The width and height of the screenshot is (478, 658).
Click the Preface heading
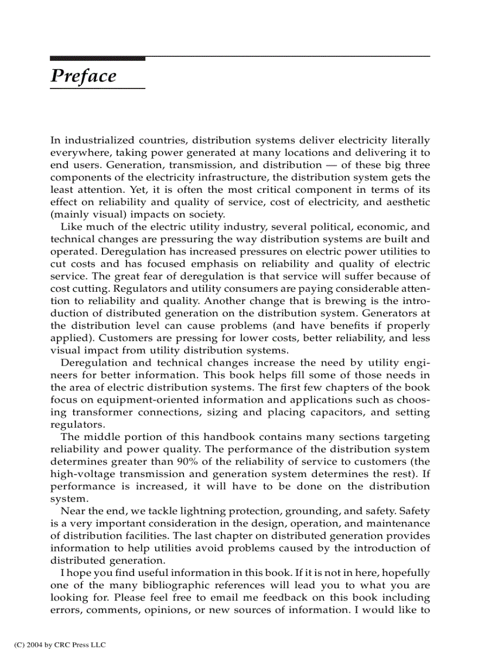[83, 76]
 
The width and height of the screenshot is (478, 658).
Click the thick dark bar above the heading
[97, 59]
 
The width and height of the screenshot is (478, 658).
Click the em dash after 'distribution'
[329, 165]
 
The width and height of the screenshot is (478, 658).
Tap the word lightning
[192, 512]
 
